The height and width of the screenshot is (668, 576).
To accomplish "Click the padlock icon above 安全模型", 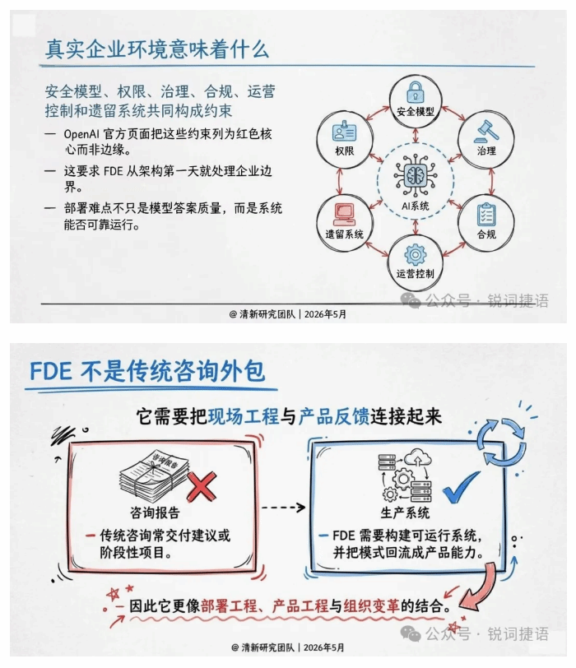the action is (415, 91).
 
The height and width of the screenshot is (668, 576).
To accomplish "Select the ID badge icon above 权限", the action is (344, 132).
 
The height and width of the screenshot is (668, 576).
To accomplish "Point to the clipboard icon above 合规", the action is (486, 215).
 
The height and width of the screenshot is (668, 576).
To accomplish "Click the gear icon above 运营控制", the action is (416, 255).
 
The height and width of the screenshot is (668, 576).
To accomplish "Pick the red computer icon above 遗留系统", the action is (344, 214).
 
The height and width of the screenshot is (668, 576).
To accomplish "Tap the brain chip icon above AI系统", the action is (416, 175).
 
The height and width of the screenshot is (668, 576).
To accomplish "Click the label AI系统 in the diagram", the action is (416, 206).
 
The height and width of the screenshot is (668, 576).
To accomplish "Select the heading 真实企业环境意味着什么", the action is (157, 49).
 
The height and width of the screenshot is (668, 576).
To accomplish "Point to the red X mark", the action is (202, 486).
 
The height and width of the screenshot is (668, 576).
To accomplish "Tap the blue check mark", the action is (461, 487).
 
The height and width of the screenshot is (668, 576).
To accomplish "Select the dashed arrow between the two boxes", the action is (283, 508).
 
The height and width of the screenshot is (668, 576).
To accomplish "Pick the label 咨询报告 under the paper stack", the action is (155, 512).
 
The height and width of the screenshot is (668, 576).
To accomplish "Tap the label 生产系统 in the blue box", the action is (405, 513).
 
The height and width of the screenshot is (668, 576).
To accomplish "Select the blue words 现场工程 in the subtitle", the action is (244, 416).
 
